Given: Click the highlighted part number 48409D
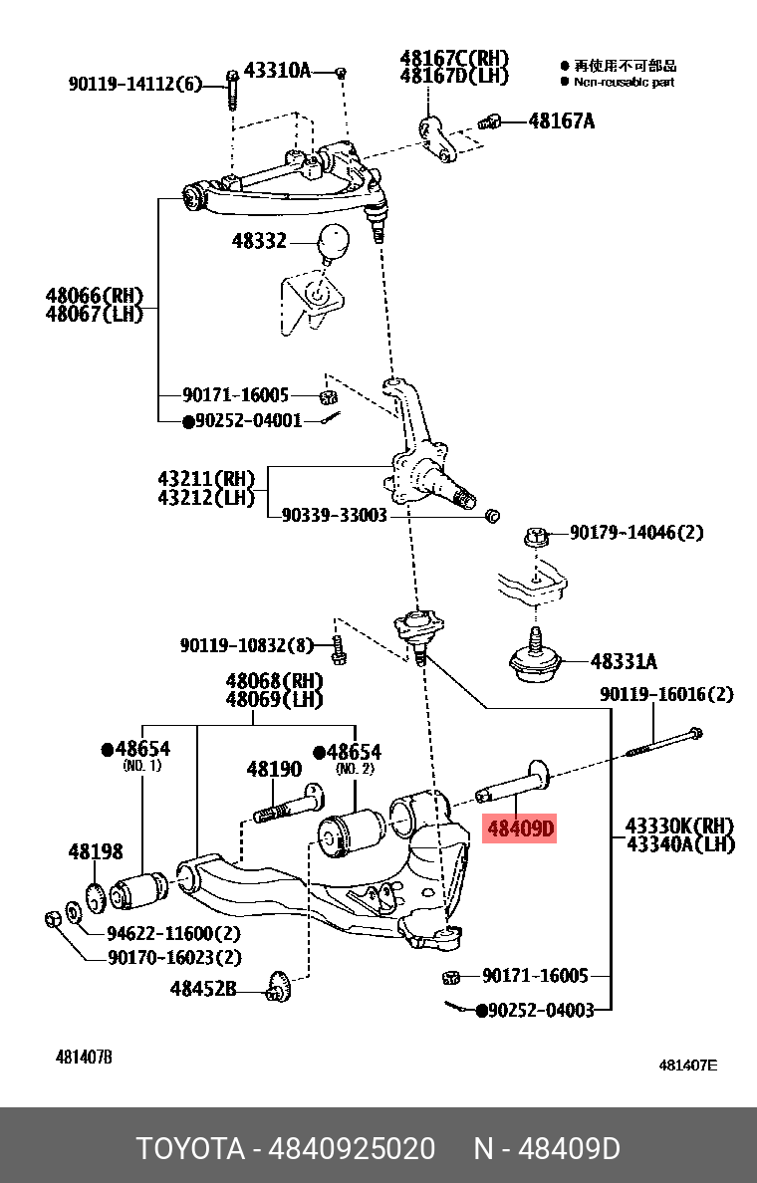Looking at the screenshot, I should [x=519, y=828].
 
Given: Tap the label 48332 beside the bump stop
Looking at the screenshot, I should [x=259, y=241].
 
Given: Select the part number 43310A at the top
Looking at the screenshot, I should [x=278, y=71].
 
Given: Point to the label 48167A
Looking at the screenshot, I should [x=561, y=121].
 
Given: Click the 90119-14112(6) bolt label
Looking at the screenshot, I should [x=134, y=85].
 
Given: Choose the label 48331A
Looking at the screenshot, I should [x=624, y=661].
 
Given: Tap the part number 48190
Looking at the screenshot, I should [x=274, y=770].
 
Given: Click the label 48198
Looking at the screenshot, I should [x=96, y=851].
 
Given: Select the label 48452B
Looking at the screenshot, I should [x=203, y=989].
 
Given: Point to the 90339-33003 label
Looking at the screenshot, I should [x=334, y=516].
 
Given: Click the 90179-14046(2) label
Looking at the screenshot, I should [x=636, y=533].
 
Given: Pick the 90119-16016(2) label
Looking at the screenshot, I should [x=666, y=694].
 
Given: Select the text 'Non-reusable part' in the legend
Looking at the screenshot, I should [x=624, y=82].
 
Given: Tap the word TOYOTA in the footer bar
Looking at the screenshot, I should [x=190, y=1148].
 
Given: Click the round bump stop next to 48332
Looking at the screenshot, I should [x=334, y=241].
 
